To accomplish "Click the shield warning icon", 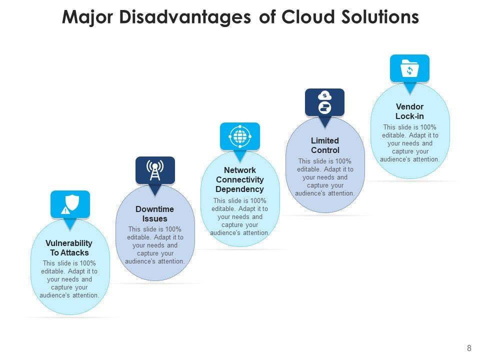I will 70,204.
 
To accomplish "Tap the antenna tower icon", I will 155,170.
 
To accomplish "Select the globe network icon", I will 240,136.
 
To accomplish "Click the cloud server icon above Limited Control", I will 325,102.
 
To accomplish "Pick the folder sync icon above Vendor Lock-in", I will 409,67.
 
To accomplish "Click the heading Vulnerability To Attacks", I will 69,248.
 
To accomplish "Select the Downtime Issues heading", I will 155,214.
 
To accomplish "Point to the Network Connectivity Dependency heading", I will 239,179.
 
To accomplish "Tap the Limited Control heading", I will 325,145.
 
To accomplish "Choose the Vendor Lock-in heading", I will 409,111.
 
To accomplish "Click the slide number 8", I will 468,348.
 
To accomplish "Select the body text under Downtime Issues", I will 155,245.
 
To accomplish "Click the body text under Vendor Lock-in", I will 409,143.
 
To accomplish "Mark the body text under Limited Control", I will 325,177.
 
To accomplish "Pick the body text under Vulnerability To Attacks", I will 69,279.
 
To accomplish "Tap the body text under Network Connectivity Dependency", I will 240,217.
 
